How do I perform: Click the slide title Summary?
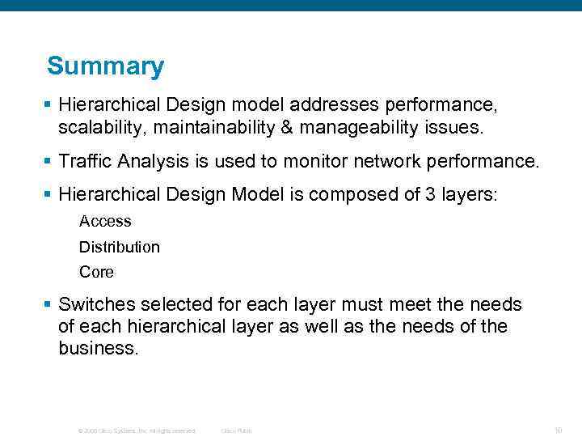pos(105,66)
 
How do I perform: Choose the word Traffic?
pos(86,161)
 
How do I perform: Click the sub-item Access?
pos(105,221)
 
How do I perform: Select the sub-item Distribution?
pos(120,247)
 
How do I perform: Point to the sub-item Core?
pos(96,272)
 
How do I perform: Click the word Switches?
pos(97,305)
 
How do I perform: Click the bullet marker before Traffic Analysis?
pos(48,161)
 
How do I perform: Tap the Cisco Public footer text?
pos(236,431)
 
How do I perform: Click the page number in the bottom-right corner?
pos(558,431)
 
